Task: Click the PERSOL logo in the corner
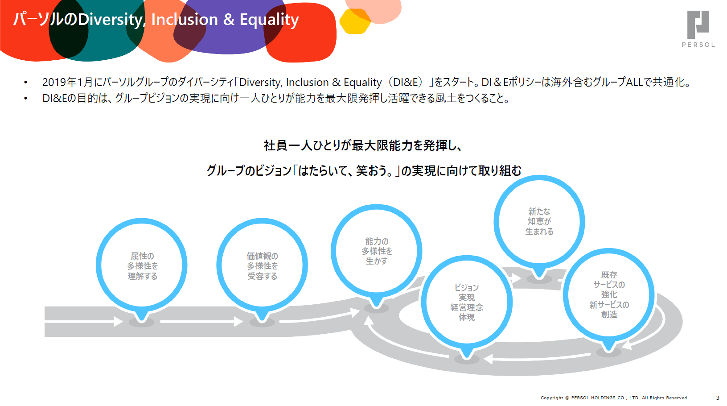[x=698, y=29]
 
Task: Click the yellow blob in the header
[x=355, y=21]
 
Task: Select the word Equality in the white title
[x=269, y=20]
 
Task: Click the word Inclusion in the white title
[x=185, y=20]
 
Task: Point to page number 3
[x=718, y=398]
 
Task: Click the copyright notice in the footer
[x=614, y=398]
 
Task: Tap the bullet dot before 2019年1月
[x=25, y=83]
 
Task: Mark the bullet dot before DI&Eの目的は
[x=25, y=98]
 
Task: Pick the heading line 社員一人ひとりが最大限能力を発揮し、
[x=363, y=145]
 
